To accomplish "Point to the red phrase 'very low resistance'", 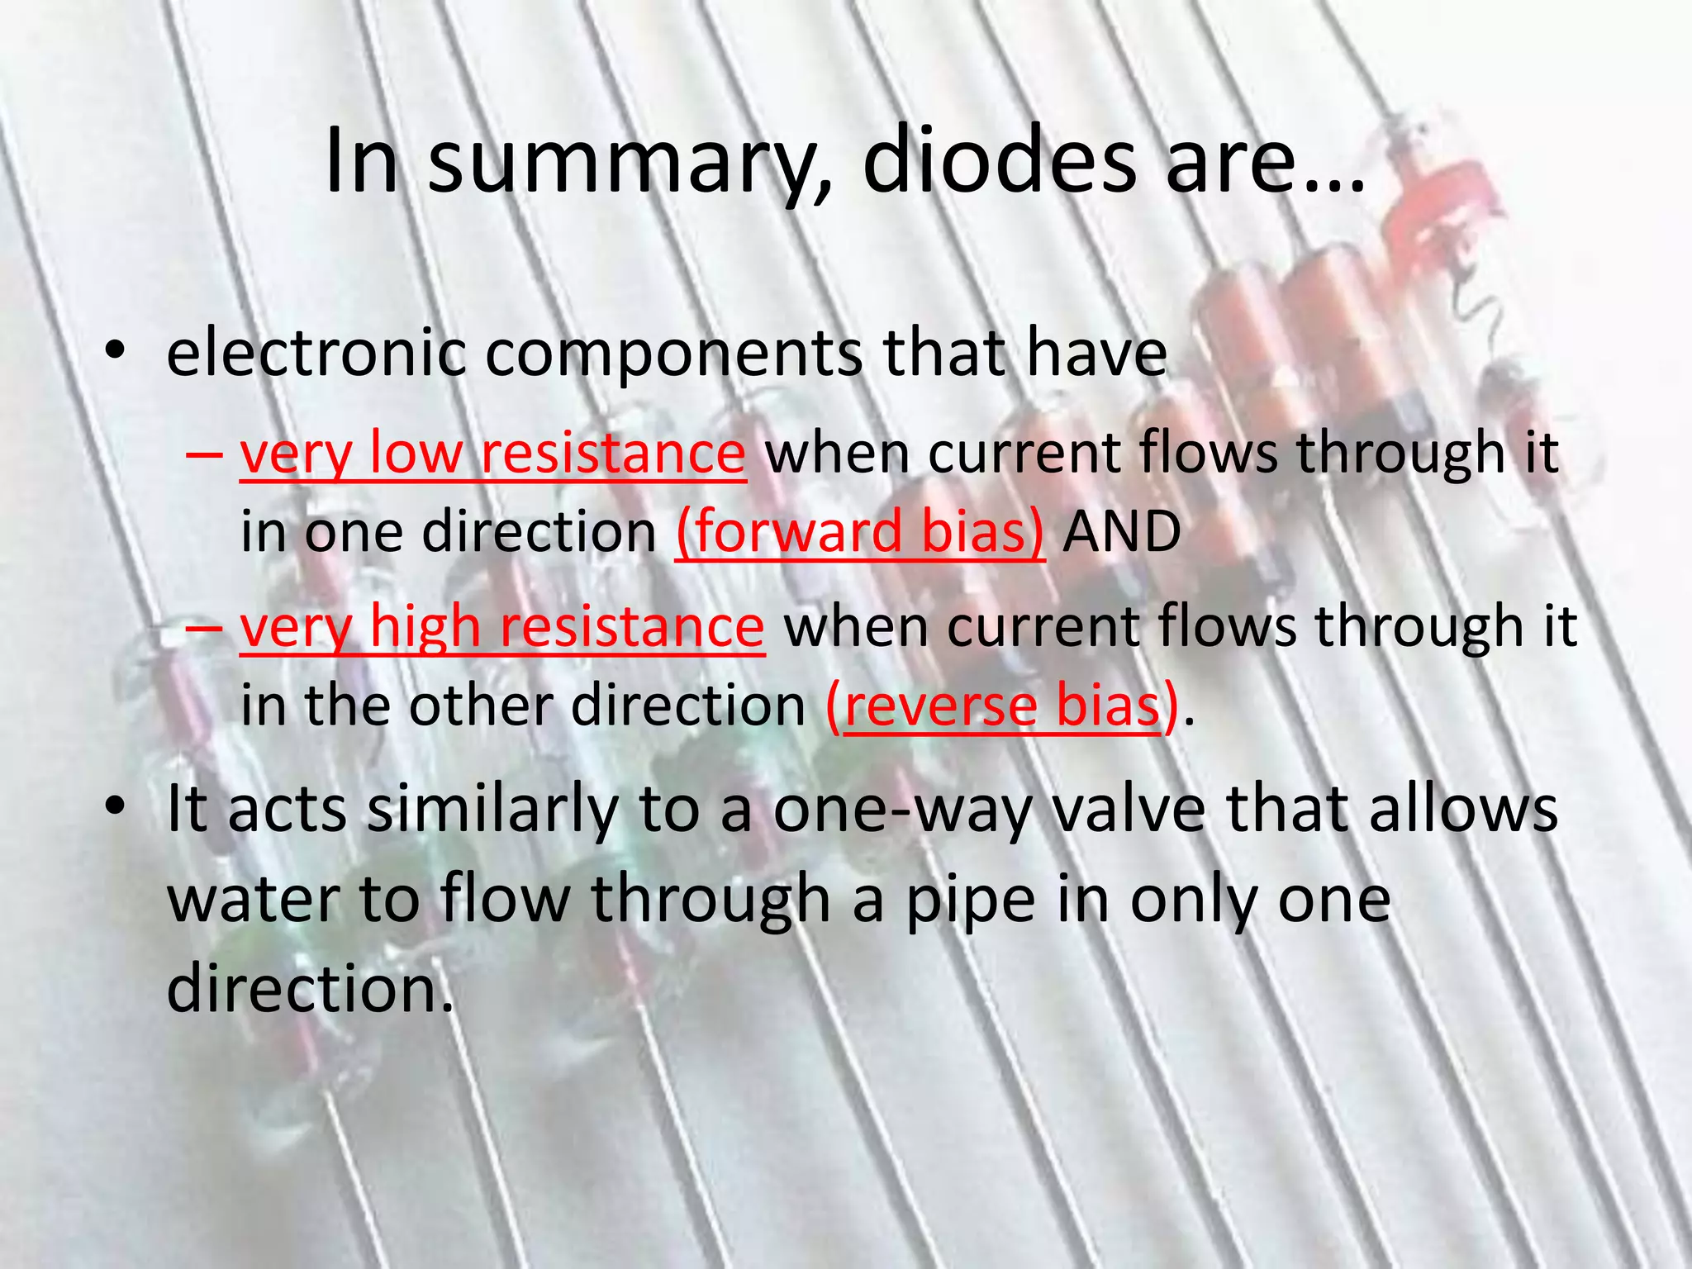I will (x=493, y=453).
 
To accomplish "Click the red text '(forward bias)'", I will (x=860, y=530).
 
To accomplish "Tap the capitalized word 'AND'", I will (x=1121, y=530).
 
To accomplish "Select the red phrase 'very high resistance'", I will (x=502, y=625).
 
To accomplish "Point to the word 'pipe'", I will (x=971, y=901).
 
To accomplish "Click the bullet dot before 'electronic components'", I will (x=115, y=353).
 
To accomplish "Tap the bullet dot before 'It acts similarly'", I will (x=115, y=807).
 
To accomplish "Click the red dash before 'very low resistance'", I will (x=204, y=454).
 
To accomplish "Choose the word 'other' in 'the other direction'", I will (x=478, y=706).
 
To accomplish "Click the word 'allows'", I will (x=1463, y=809).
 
